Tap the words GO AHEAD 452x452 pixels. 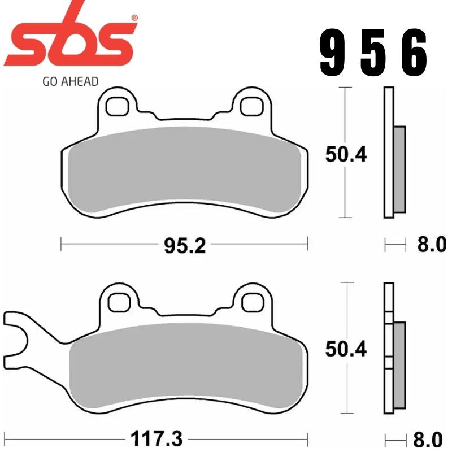click(70, 81)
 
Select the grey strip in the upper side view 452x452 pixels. click(399, 169)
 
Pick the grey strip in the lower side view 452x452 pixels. click(399, 364)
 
